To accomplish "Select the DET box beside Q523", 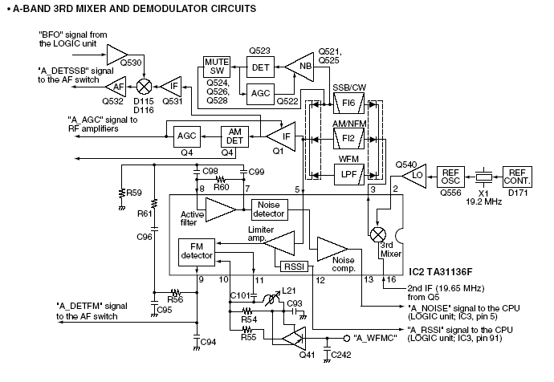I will click(x=260, y=68).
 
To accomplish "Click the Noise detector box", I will click(x=269, y=209).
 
